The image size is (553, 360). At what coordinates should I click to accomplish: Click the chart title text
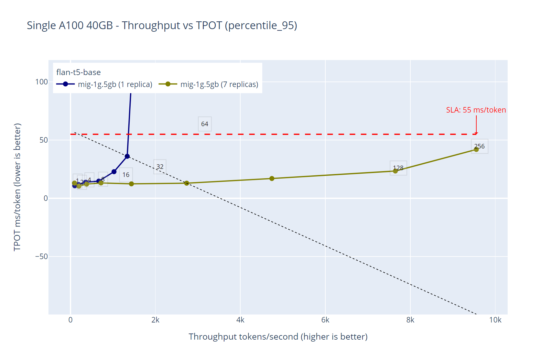(x=162, y=25)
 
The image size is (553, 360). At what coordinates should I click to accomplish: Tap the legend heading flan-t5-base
(x=78, y=72)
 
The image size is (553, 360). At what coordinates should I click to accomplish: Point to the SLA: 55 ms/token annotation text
(x=476, y=110)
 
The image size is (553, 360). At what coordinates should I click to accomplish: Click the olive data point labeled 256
(x=476, y=149)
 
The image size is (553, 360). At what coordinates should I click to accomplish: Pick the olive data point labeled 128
(x=395, y=171)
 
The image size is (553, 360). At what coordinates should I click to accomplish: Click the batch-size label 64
(x=205, y=124)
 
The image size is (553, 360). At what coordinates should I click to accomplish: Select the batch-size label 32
(x=160, y=167)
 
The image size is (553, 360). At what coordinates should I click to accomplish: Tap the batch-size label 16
(x=126, y=175)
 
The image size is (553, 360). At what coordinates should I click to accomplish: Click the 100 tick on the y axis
(x=41, y=82)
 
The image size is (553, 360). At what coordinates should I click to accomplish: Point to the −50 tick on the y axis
(x=41, y=257)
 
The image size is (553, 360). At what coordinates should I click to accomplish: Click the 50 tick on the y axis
(x=44, y=140)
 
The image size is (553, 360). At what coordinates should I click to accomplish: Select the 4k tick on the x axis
(x=240, y=320)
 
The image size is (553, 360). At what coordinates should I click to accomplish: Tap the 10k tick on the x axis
(x=495, y=320)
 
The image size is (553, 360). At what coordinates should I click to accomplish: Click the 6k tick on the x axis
(x=325, y=320)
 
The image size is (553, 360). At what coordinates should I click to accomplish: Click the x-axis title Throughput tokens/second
(x=278, y=337)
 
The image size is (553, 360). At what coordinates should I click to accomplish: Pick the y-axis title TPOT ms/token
(x=17, y=187)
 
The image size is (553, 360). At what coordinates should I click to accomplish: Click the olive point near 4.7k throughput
(x=272, y=179)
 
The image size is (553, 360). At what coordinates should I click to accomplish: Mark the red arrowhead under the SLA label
(x=476, y=133)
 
